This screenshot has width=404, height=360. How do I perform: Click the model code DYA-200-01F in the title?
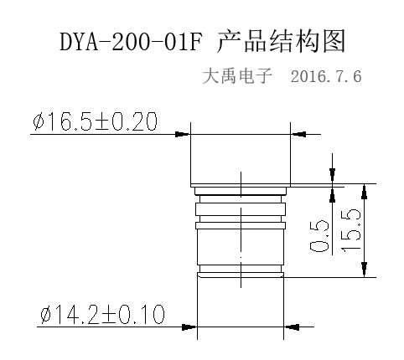[x=131, y=41]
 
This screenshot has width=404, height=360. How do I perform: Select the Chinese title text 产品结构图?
[x=281, y=41]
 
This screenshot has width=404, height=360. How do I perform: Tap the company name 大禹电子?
[x=237, y=75]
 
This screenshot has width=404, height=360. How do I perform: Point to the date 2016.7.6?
[x=326, y=76]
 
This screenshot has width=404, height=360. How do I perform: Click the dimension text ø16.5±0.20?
[x=96, y=121]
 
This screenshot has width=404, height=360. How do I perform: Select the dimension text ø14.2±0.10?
[x=102, y=314]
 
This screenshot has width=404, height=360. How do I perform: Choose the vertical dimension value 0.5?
[x=319, y=236]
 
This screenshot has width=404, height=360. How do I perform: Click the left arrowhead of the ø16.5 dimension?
[x=183, y=134]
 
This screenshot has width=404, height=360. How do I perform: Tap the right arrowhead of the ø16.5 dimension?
[x=298, y=134]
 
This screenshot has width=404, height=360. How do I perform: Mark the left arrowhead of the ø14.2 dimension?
[x=189, y=327]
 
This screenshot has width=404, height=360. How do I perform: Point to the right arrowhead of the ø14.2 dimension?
[x=292, y=327]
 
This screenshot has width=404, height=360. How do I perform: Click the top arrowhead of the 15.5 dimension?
[x=364, y=192]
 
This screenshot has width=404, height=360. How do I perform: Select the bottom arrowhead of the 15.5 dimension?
[x=364, y=270]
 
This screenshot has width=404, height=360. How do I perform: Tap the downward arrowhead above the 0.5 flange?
[x=332, y=176]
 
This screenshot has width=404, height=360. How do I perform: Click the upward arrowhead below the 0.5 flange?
[x=332, y=194]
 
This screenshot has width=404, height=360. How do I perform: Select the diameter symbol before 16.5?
[x=39, y=122]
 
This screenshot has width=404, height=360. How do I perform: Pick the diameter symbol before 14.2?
[x=46, y=315]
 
